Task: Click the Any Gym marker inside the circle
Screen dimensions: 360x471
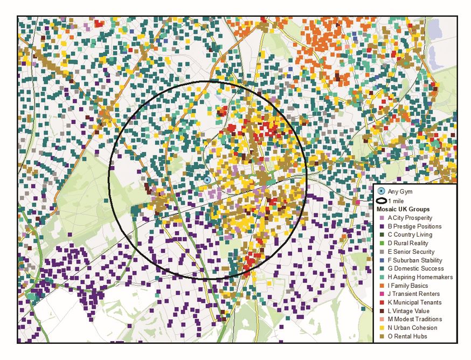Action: (207, 179)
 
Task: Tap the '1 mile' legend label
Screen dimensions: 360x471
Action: (396, 200)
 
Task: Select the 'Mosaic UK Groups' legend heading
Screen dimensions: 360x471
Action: (403, 209)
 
